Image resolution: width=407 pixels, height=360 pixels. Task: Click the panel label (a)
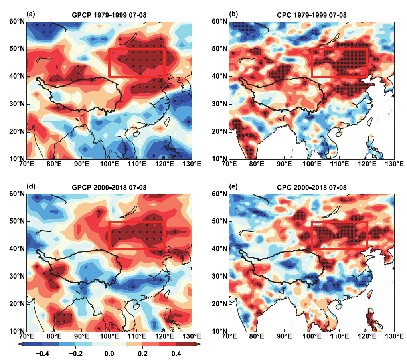[x=31, y=14]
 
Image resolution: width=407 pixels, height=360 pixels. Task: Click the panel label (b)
[x=233, y=14]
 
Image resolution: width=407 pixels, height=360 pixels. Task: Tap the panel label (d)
[x=31, y=186]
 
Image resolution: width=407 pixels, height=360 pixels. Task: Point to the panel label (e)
[x=233, y=186]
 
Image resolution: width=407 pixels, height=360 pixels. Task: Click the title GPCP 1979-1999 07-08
[x=109, y=15]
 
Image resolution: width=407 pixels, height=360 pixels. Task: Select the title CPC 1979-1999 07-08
[x=312, y=15]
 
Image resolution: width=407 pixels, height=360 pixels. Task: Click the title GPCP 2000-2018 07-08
[x=109, y=188]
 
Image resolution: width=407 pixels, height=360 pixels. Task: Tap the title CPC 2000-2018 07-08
[x=312, y=188]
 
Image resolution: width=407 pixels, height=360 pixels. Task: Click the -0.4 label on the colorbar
[x=42, y=354]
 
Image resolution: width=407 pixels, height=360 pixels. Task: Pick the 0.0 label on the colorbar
[x=109, y=354]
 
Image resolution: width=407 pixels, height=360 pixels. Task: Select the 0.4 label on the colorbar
[x=176, y=354]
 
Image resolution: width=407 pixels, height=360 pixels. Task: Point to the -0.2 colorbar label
[x=75, y=354]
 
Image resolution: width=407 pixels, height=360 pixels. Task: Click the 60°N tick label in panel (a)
[x=17, y=21]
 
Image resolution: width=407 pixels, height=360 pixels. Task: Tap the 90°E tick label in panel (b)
[x=284, y=164]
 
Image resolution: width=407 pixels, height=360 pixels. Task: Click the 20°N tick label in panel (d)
[x=17, y=304]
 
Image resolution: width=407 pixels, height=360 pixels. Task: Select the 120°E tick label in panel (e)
[x=367, y=336]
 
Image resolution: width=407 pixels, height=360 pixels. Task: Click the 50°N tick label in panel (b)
[x=219, y=49]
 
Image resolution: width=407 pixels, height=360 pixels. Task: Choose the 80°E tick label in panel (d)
[x=54, y=336]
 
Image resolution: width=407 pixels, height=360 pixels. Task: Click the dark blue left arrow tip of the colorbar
[x=17, y=344]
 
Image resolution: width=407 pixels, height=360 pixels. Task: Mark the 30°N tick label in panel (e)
[x=219, y=276]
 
